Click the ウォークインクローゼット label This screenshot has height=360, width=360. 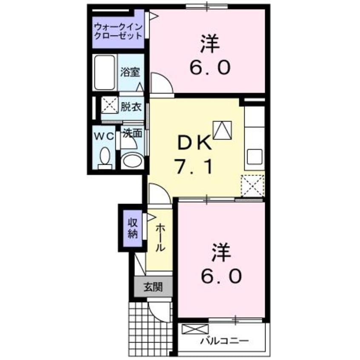(118, 32)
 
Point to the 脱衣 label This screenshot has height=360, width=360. (131, 107)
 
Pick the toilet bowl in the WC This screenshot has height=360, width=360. (104, 158)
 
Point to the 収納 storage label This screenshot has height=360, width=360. (131, 227)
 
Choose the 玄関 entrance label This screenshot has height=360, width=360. (153, 287)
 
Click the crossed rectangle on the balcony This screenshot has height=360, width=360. (195, 329)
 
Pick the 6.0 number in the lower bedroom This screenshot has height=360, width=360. (222, 277)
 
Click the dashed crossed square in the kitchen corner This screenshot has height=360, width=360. (252, 186)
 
